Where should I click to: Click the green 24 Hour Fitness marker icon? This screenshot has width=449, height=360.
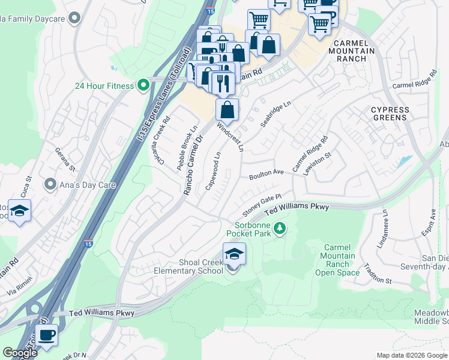pyautogui.click(x=143, y=86)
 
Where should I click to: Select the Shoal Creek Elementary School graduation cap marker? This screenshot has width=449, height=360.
pyautogui.click(x=234, y=254)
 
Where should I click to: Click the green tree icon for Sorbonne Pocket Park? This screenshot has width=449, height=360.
pyautogui.click(x=279, y=228)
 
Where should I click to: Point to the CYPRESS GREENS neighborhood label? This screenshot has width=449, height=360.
pyautogui.click(x=390, y=113)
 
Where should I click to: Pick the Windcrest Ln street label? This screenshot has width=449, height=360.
pyautogui.click(x=231, y=137)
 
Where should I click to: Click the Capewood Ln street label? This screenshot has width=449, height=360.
pyautogui.click(x=213, y=170)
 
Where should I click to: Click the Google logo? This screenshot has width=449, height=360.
pyautogui.click(x=20, y=353)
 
